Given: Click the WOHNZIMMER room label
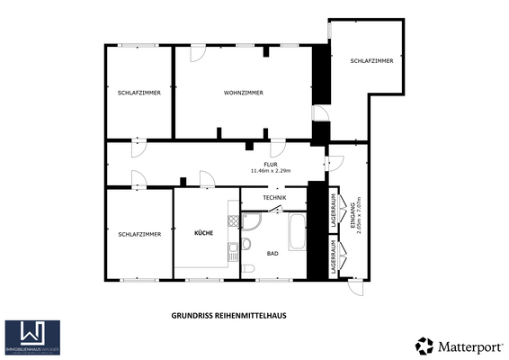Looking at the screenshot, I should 243,93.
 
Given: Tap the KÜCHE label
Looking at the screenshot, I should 204,233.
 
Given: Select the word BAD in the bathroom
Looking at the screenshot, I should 272,254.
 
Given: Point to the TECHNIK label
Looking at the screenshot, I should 274,198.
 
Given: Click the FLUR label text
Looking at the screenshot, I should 270,164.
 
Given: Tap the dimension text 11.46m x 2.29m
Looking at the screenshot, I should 270,171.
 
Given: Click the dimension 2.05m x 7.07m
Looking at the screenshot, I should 358,217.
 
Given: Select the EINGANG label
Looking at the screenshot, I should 351,217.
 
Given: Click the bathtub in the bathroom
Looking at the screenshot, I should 296,233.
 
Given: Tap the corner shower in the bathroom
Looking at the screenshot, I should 253,223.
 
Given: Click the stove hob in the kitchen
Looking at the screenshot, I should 234,222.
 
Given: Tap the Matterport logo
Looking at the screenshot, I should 458,345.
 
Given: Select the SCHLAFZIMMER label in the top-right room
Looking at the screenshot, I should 371,60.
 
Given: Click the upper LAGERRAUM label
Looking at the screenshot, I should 334,210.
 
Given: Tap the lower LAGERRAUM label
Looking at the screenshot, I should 334,257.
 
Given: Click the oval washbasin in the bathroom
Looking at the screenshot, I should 246,243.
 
